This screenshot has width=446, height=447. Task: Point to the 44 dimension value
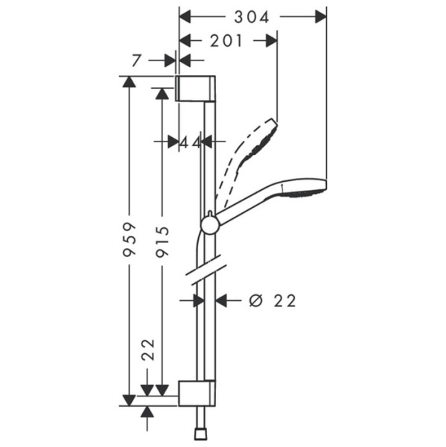tap(191, 142)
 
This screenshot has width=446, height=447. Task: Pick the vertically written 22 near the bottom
tap(147, 350)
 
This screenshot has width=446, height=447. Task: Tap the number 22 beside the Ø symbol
tap(284, 300)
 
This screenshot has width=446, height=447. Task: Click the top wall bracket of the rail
tap(197, 88)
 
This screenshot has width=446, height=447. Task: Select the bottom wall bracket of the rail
tap(197, 392)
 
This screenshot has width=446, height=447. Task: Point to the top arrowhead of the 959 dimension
tap(130, 82)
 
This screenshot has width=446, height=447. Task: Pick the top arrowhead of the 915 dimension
tap(161, 92)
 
